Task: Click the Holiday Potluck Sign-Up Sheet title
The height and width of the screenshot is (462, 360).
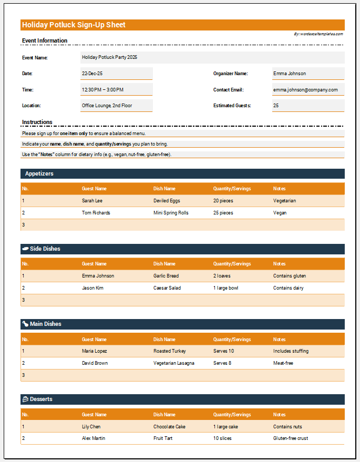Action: pyautogui.click(x=74, y=25)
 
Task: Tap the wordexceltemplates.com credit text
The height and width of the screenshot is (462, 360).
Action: pyautogui.click(x=318, y=34)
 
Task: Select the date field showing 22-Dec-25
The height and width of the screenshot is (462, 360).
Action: pyautogui.click(x=116, y=74)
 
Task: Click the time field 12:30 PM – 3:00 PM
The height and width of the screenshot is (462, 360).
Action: pyautogui.click(x=116, y=90)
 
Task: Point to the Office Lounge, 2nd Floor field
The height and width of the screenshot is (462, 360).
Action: pyautogui.click(x=116, y=106)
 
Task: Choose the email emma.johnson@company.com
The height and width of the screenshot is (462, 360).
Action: pyautogui.click(x=307, y=90)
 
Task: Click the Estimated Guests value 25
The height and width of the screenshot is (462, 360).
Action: pyautogui.click(x=307, y=106)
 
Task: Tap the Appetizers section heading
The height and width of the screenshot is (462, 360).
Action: pyautogui.click(x=39, y=173)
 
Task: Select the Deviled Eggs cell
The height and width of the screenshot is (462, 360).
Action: pyautogui.click(x=167, y=201)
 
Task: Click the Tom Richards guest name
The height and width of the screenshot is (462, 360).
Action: pyautogui.click(x=96, y=213)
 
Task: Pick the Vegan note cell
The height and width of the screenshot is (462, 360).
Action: pyautogui.click(x=280, y=213)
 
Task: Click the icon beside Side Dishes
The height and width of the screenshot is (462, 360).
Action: pyautogui.click(x=25, y=249)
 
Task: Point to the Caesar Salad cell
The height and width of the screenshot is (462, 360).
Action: pyautogui.click(x=167, y=288)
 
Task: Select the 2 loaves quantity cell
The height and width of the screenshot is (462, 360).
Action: pyautogui.click(x=222, y=276)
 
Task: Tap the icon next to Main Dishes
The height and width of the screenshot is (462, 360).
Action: pyautogui.click(x=25, y=324)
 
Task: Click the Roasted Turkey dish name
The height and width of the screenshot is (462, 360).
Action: pyautogui.click(x=170, y=351)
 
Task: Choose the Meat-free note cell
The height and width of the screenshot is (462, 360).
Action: pyautogui.click(x=283, y=363)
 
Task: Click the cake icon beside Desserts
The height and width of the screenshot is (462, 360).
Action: pyautogui.click(x=25, y=399)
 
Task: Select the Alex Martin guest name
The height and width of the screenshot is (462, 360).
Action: pyautogui.click(x=94, y=438)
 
